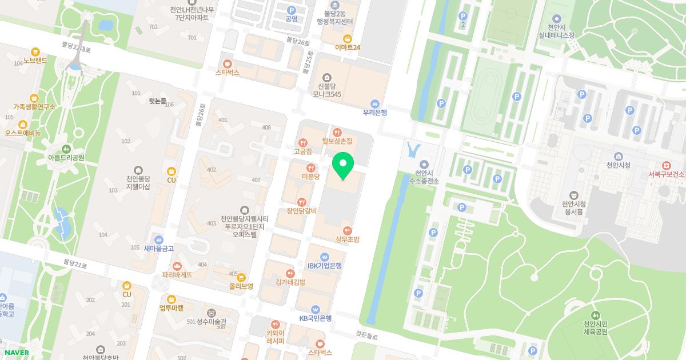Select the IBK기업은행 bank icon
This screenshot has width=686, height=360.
point(324,257)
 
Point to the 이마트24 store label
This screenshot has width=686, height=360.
point(348,47)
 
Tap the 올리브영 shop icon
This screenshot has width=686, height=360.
point(241,277)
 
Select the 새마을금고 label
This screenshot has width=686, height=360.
point(159,249)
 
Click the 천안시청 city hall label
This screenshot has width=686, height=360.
point(618,165)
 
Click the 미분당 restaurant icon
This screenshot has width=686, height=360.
point(311,168)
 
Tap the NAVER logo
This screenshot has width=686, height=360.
point(17,352)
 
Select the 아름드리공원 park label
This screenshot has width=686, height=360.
point(66,157)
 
